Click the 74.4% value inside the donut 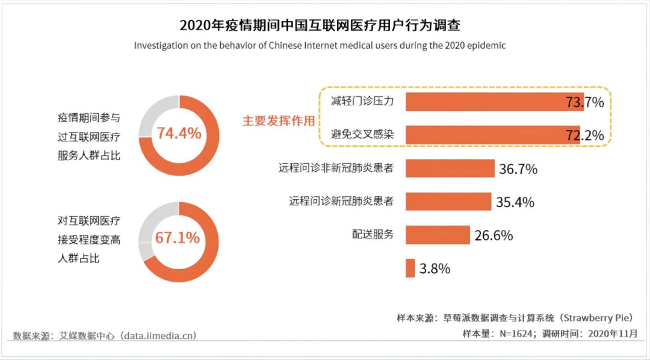(179, 133)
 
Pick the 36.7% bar (450, 169)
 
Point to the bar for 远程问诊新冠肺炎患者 (448, 202)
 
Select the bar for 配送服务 (437, 235)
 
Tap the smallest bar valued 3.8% (410, 268)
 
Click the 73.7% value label (584, 102)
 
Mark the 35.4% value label (515, 202)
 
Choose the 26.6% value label (494, 235)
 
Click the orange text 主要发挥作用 (278, 120)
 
